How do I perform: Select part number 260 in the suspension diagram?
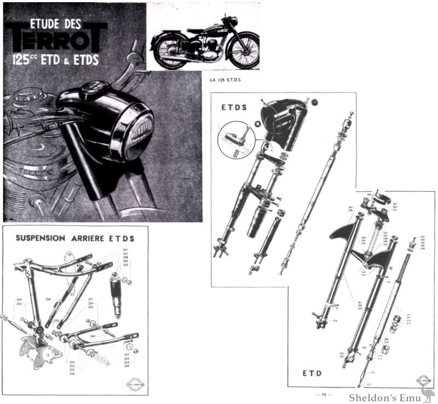[x=93, y=336]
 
